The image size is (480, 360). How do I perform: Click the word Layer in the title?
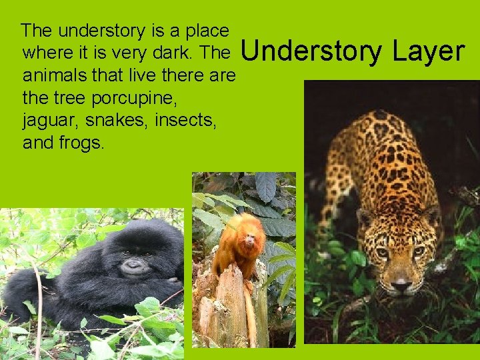428,51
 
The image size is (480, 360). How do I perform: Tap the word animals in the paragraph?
54,75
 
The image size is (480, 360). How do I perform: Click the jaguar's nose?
401,285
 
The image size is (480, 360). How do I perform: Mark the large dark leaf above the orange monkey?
265,187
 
